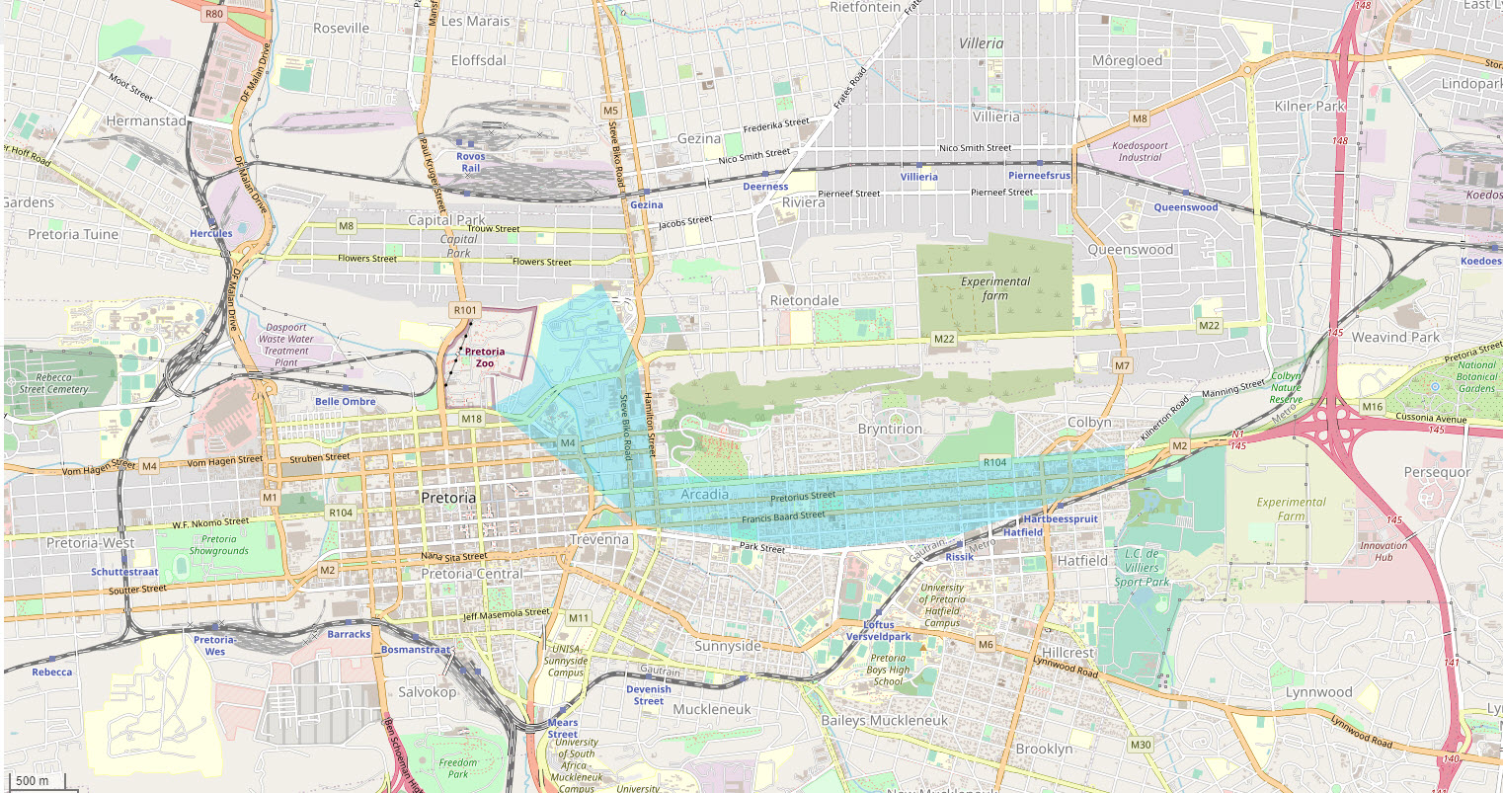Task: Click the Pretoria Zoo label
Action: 484,357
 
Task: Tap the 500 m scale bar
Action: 34,781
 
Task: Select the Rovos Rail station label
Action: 471,162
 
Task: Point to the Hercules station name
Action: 211,234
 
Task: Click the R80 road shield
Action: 212,14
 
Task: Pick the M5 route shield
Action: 611,111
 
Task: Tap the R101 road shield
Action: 465,310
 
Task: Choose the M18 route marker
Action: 471,419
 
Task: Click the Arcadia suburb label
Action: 704,494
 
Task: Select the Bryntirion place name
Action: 890,429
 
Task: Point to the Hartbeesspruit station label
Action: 1061,518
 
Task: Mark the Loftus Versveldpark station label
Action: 878,631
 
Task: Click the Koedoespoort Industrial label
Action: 1141,151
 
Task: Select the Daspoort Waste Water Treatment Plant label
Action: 286,345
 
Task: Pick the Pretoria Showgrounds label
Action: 219,545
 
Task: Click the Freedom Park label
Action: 458,768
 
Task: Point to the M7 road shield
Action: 1122,365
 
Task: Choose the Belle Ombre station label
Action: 345,402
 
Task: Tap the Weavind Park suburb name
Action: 1395,337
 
